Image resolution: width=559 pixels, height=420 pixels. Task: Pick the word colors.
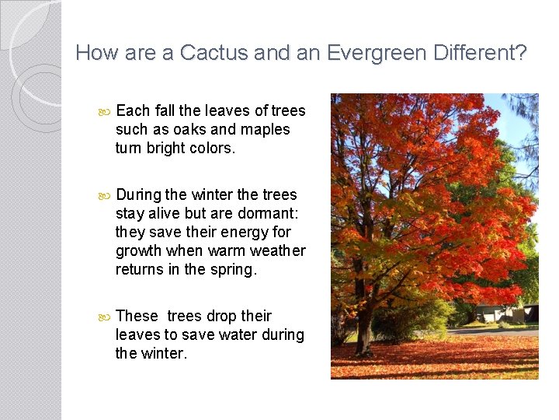point(211,148)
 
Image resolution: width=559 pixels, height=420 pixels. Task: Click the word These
point(137,316)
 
